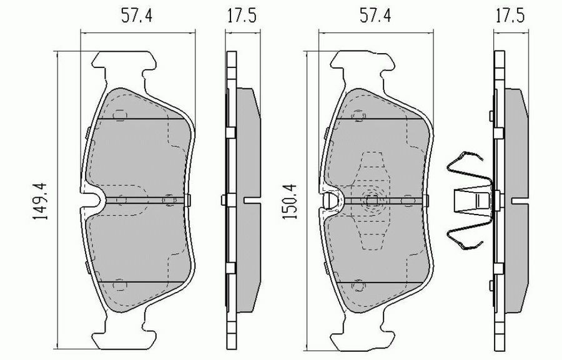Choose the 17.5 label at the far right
click(508, 17)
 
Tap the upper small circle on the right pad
click(358, 115)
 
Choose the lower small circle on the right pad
click(358, 286)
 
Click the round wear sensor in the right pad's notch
click(332, 200)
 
